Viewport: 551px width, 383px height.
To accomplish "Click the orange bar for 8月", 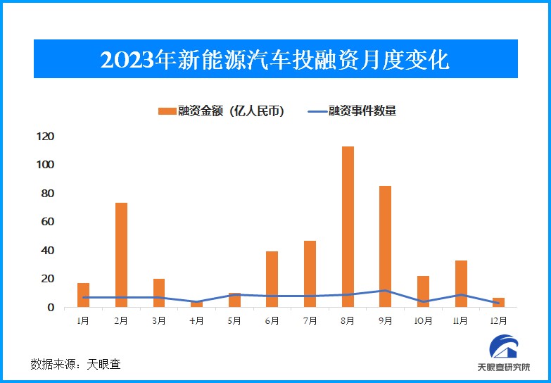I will click(348, 227).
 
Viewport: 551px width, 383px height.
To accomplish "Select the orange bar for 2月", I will click(121, 255).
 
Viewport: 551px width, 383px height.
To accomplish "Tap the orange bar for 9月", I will click(386, 246).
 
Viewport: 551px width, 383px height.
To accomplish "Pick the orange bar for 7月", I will click(310, 274).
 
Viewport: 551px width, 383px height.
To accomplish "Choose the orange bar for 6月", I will click(272, 279).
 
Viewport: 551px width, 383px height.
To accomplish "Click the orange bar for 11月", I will click(461, 284).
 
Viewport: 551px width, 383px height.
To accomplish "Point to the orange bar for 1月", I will click(83, 295).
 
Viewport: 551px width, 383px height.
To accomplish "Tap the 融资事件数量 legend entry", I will click(352, 111).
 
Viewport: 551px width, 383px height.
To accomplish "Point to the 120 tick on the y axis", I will click(46, 136).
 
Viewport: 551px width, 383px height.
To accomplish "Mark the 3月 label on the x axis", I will click(158, 321).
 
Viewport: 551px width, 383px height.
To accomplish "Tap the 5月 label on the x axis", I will click(234, 321).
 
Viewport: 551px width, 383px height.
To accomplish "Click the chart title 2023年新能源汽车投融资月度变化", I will click(275, 59).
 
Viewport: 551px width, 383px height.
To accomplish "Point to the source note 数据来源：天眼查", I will click(75, 364).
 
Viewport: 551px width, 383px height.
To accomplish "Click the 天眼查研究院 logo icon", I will click(503, 349).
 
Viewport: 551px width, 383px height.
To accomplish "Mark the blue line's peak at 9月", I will click(386, 290).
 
